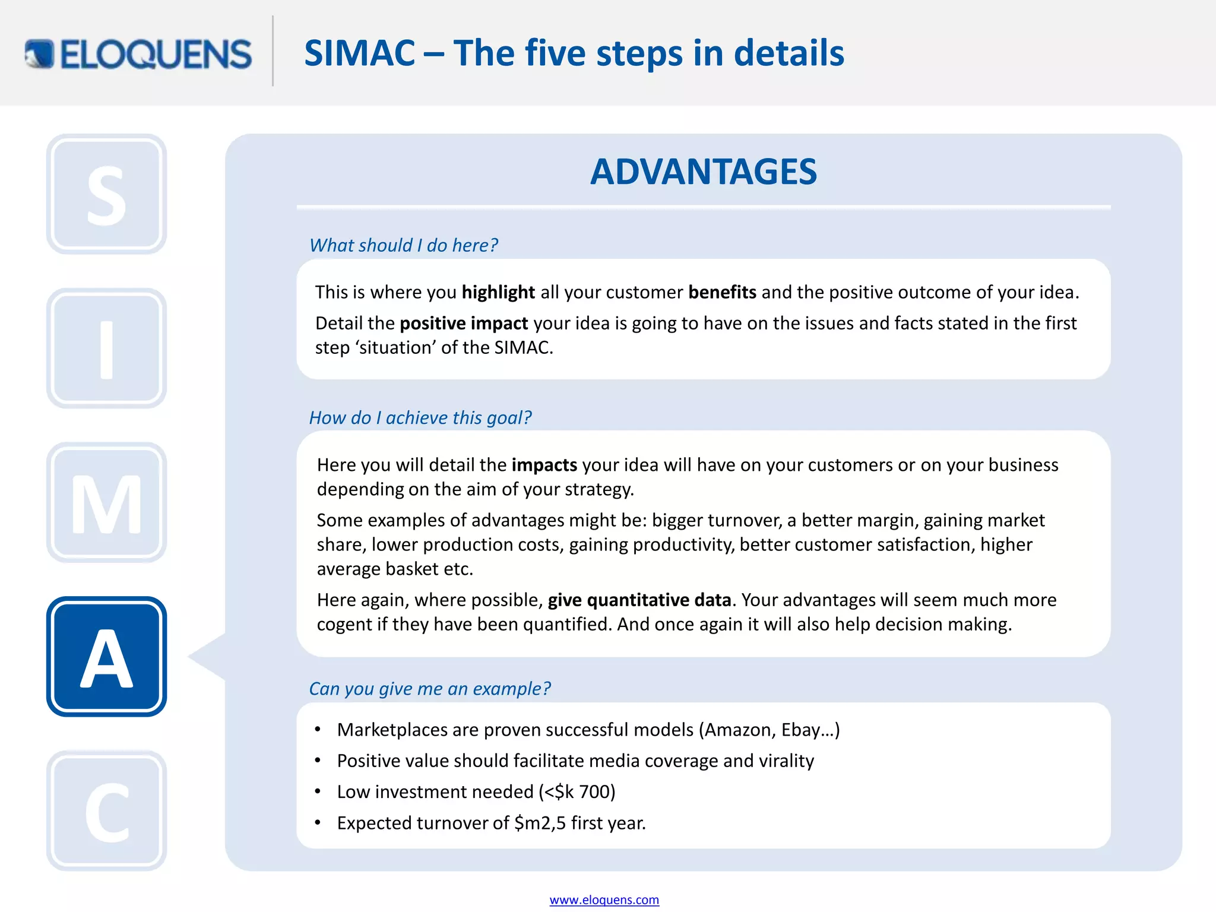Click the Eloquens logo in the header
click(138, 54)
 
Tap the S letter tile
click(107, 194)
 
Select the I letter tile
click(107, 349)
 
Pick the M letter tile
click(107, 503)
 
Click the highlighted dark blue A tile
click(107, 657)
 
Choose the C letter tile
click(107, 811)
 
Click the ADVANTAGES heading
click(704, 172)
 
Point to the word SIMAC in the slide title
click(360, 53)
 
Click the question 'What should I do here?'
click(404, 245)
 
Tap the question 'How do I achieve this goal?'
click(420, 417)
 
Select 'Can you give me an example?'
click(430, 689)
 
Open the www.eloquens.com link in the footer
click(604, 900)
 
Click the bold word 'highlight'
click(498, 292)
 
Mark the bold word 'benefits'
click(722, 292)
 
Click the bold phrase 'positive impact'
click(464, 323)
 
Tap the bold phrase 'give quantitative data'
click(639, 600)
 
